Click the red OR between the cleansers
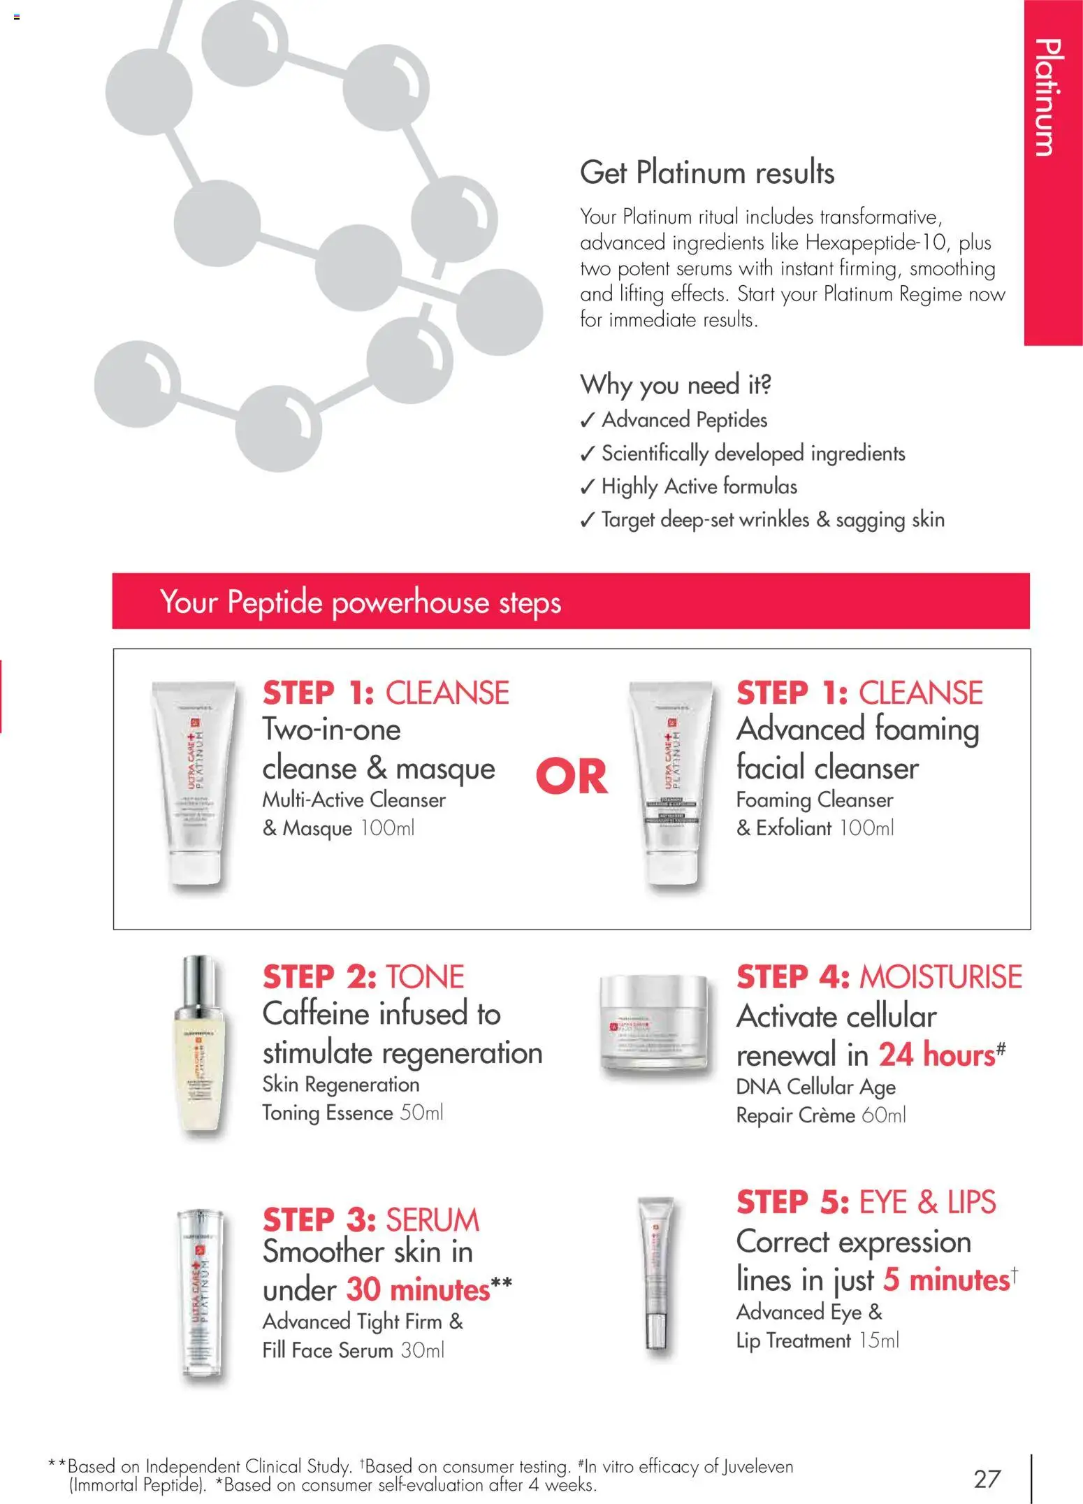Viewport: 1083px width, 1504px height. [572, 776]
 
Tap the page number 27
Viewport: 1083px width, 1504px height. [987, 1478]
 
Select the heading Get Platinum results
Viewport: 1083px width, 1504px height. [707, 173]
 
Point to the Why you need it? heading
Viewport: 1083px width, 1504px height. [675, 384]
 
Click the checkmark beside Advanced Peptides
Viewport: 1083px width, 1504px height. [588, 421]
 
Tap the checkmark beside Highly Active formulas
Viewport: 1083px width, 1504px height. [588, 487]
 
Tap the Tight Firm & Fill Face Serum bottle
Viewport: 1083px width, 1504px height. [200, 1293]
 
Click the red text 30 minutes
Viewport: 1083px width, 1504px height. [418, 1290]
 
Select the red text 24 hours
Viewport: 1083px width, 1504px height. [936, 1055]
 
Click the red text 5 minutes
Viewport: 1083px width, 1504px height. [946, 1280]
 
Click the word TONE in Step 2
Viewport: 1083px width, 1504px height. [425, 977]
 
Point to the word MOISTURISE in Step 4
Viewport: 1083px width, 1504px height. [940, 977]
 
